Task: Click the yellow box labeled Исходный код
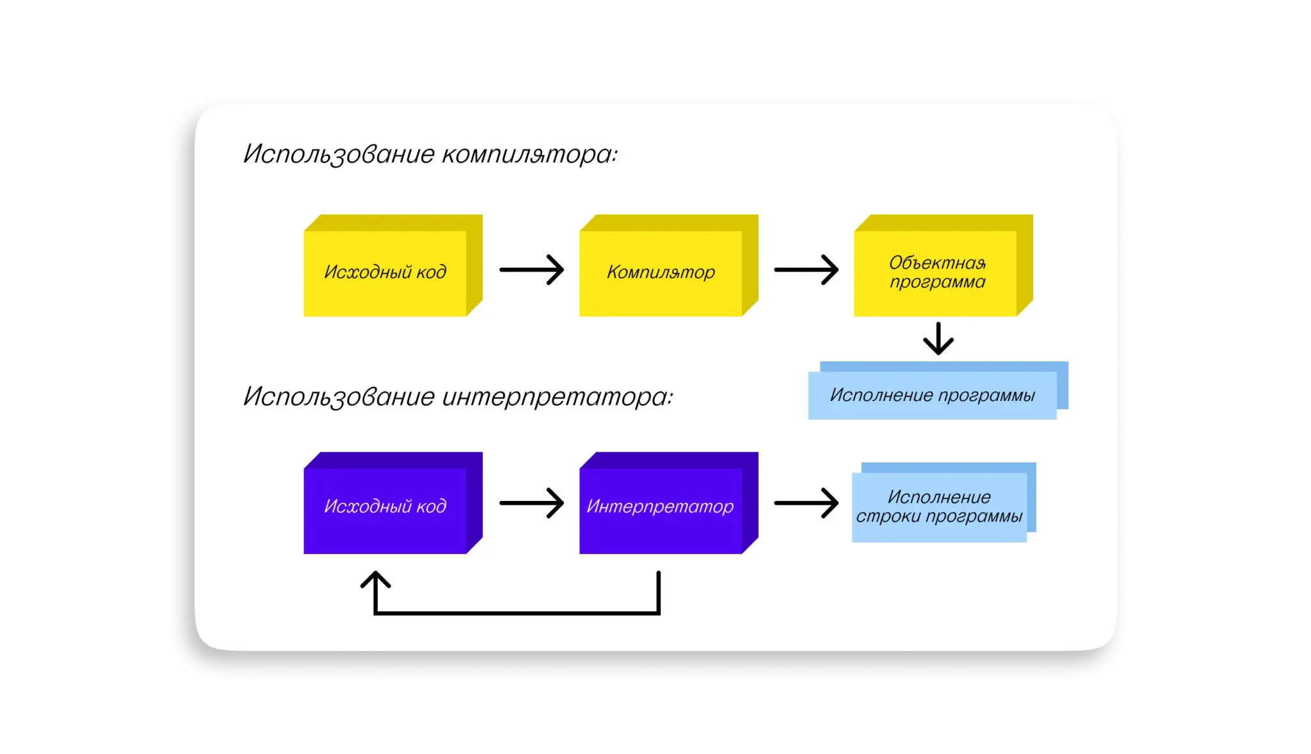tap(385, 272)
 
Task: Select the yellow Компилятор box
tap(661, 272)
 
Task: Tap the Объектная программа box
tap(936, 272)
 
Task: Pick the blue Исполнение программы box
tap(932, 395)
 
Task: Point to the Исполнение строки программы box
tap(939, 507)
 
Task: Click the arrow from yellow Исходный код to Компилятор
tap(531, 270)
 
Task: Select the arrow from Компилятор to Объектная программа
tap(806, 270)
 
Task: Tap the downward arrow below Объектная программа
tap(938, 339)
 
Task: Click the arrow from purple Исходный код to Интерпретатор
tap(531, 504)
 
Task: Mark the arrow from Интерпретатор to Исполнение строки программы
tap(806, 504)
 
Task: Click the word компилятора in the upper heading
tap(529, 154)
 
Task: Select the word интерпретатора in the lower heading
tap(558, 397)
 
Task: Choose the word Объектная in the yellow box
tap(937, 263)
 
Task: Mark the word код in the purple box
tap(431, 506)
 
